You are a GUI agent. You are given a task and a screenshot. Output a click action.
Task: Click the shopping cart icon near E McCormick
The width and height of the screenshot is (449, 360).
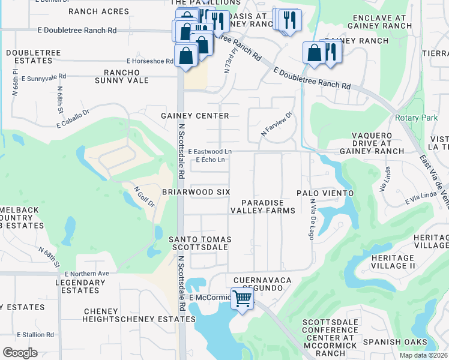click(242, 298)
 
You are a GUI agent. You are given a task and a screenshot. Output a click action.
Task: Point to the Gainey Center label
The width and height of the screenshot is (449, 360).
click(195, 115)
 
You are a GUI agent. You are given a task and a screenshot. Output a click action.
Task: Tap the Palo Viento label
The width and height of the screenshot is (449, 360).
click(321, 193)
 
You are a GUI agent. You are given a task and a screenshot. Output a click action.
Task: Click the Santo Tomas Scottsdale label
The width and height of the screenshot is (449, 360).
click(200, 243)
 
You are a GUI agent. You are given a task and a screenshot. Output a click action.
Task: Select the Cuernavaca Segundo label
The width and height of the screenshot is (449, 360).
click(262, 284)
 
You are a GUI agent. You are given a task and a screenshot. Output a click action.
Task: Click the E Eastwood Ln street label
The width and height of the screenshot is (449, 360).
click(209, 152)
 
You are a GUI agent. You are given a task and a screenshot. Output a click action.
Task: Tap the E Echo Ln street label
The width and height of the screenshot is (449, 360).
click(210, 160)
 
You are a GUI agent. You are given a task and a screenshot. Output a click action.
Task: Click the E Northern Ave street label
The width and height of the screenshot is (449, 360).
click(83, 274)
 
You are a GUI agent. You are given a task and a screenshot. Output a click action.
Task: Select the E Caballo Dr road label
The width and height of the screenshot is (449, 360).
click(73, 119)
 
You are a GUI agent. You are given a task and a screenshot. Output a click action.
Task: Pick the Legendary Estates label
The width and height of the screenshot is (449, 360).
click(76, 286)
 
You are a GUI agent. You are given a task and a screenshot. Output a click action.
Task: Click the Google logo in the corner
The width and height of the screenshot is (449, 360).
click(20, 352)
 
